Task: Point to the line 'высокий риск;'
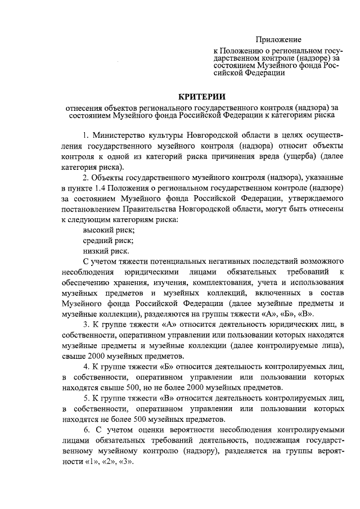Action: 109,230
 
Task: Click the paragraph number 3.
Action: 85,325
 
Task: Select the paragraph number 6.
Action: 86,430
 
